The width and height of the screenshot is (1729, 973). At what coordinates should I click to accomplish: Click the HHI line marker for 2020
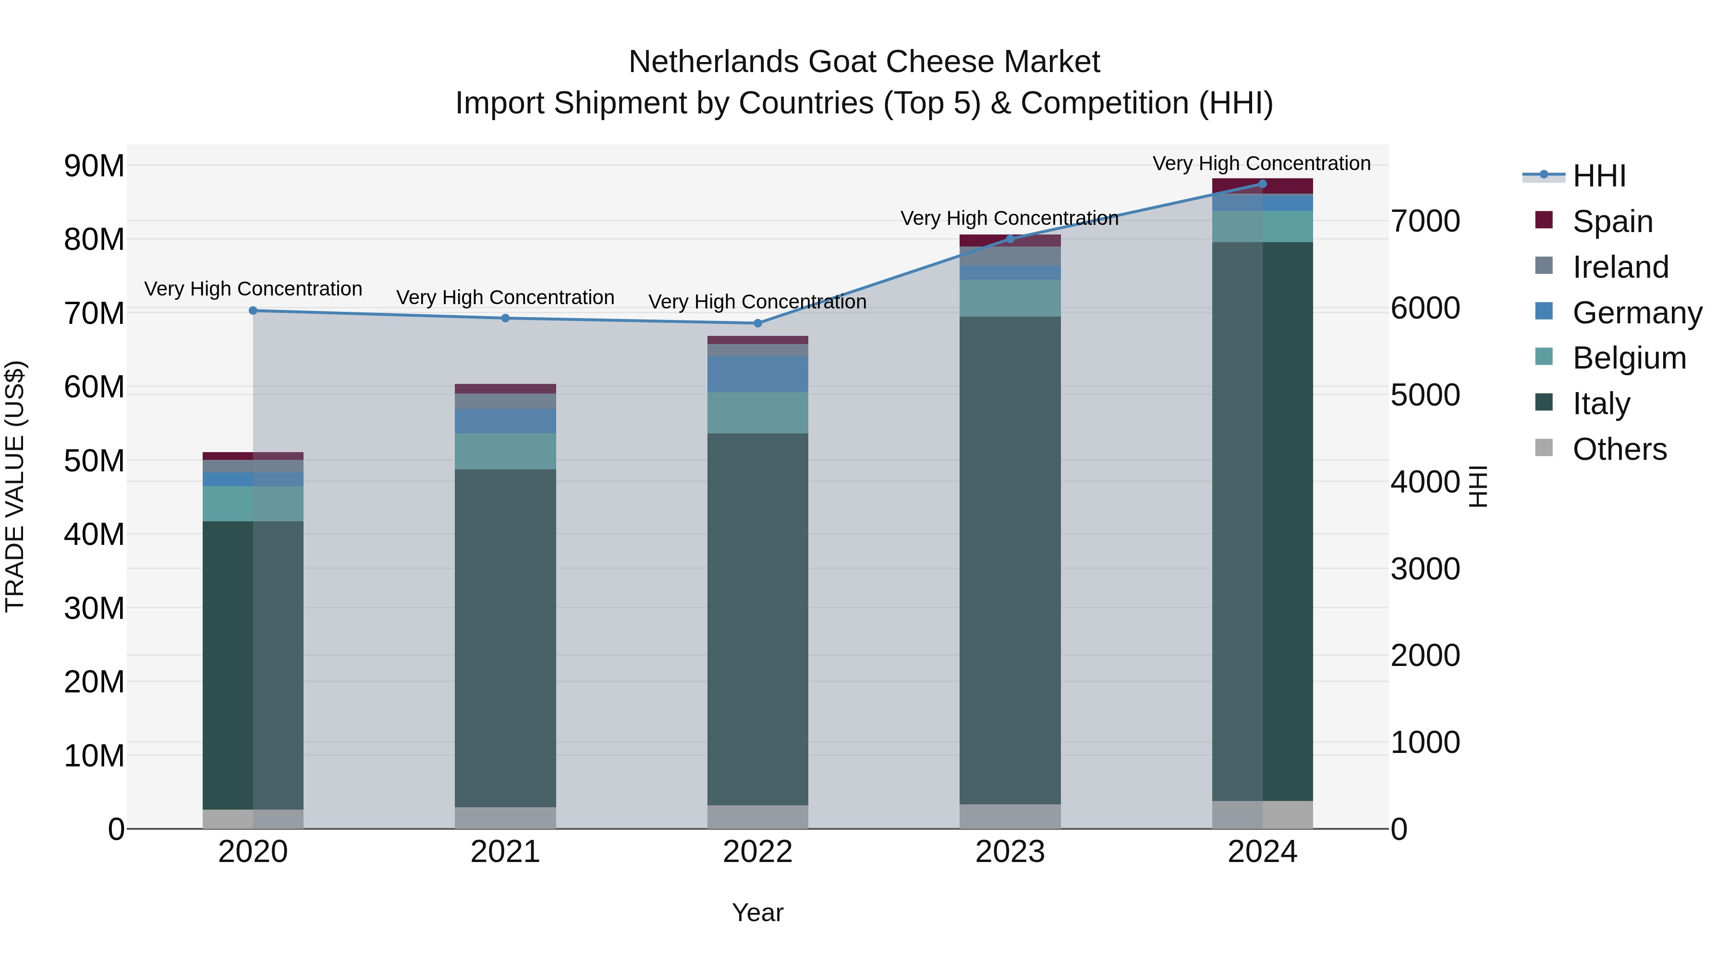[x=253, y=310]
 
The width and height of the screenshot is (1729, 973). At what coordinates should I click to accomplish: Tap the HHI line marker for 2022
[x=758, y=323]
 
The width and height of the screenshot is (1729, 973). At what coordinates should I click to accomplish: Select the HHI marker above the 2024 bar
[x=1263, y=184]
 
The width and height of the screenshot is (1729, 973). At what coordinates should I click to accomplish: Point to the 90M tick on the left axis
[x=94, y=165]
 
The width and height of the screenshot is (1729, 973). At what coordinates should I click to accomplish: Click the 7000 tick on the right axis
[x=1425, y=221]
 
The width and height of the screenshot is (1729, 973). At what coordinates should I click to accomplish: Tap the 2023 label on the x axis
[x=1010, y=852]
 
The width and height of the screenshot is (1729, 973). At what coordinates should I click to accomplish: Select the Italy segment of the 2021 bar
[x=505, y=638]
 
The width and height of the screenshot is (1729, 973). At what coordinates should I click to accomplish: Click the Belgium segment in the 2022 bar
[x=758, y=412]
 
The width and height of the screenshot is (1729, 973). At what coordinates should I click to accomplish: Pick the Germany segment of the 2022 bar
[x=758, y=374]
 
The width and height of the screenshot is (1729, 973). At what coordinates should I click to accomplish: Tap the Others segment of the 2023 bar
[x=1010, y=816]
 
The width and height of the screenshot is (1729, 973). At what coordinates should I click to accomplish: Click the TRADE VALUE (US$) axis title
[x=15, y=486]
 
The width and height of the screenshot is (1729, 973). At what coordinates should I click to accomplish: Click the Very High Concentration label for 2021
[x=505, y=297]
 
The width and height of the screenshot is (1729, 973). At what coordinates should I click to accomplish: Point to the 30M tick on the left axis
[x=94, y=608]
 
